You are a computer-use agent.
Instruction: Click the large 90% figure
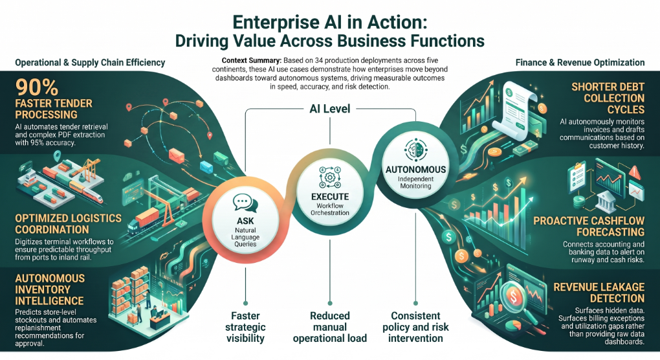coord(37,87)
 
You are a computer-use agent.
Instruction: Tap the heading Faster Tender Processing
coord(54,109)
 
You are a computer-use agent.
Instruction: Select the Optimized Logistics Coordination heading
coord(68,224)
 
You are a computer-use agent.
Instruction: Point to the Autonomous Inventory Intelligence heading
coord(50,289)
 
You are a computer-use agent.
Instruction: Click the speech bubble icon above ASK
coord(245,203)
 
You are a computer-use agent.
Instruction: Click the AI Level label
coord(329,109)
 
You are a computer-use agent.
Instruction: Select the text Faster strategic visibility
coord(245,327)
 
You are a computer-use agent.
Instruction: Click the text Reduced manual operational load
coord(330,327)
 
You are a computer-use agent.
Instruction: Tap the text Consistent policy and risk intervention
coord(415,327)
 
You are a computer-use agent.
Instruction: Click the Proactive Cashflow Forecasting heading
coord(589,227)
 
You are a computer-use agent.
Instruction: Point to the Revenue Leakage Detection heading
coord(599,293)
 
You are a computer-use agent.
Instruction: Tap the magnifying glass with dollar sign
coord(515,298)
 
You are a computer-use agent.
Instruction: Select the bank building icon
coord(605,201)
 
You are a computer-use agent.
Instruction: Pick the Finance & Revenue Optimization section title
coord(580,63)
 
